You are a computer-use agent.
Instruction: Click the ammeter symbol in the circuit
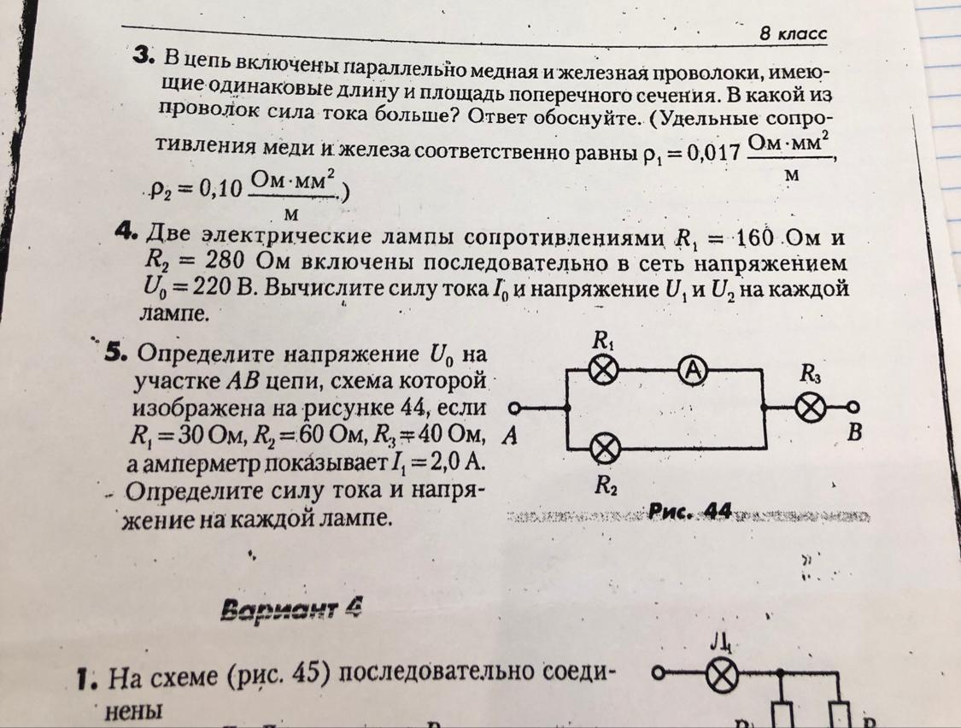point(693,370)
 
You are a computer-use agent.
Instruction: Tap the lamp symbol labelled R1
point(603,371)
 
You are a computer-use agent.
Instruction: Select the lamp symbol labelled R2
point(605,449)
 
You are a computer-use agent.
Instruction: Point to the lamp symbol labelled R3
point(811,407)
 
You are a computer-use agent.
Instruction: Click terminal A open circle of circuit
point(515,408)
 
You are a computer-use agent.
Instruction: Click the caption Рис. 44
point(690,510)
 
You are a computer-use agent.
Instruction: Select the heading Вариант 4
point(292,609)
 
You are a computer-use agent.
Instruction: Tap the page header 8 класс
point(793,33)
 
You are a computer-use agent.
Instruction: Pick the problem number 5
point(116,354)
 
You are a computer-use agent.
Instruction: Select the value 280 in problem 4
point(225,261)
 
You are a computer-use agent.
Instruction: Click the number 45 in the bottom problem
point(306,675)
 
